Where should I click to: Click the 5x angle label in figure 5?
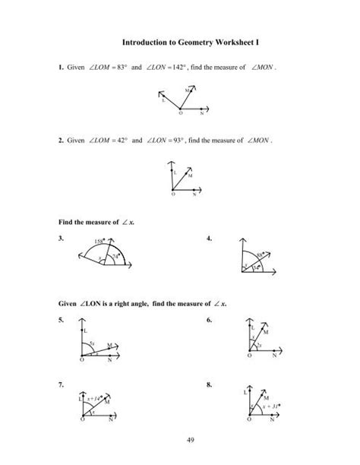[x=92, y=343]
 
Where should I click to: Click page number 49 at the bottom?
[x=179, y=449]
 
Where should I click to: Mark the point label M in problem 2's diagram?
[x=189, y=176]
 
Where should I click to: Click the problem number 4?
[x=210, y=239]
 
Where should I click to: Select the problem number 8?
[x=210, y=385]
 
